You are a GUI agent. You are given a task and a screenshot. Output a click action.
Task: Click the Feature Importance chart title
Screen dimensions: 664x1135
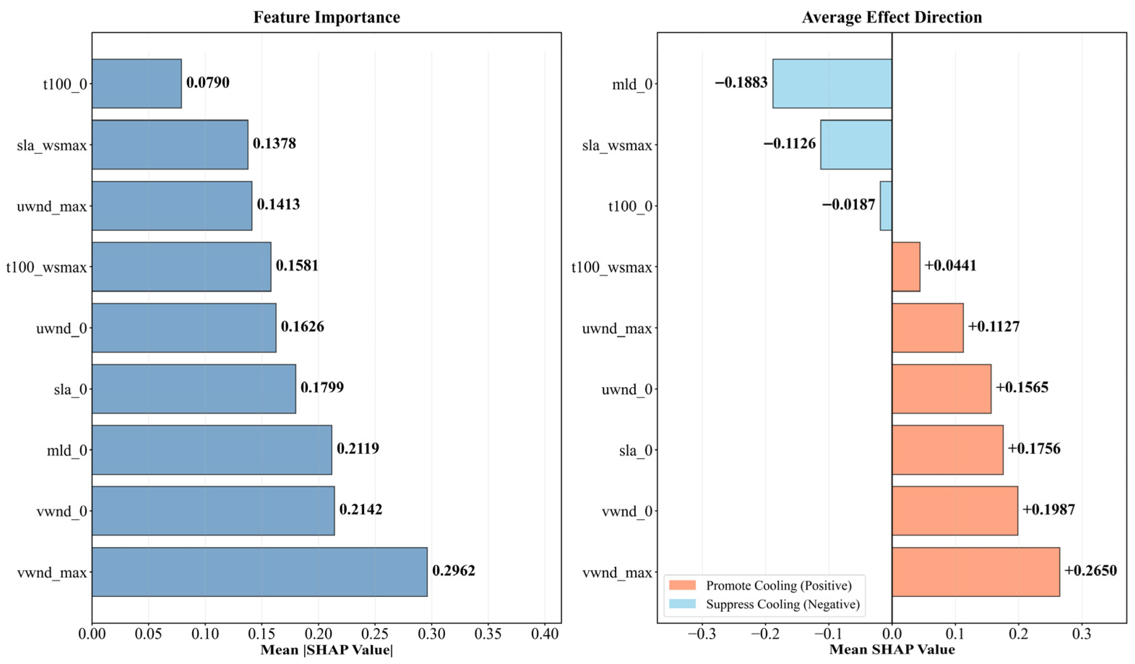(x=327, y=17)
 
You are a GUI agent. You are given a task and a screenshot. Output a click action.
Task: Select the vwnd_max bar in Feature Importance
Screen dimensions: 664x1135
(x=259, y=572)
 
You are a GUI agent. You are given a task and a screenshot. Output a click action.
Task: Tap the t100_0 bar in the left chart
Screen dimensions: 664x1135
(x=137, y=84)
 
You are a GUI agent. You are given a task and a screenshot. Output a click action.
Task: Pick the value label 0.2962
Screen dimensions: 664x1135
(x=454, y=570)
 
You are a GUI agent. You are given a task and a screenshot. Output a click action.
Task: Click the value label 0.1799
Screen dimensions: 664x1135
(x=322, y=387)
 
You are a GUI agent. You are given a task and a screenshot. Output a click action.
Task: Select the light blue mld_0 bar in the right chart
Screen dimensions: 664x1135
(x=832, y=84)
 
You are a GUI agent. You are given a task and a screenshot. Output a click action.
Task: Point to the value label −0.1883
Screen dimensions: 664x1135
(x=741, y=82)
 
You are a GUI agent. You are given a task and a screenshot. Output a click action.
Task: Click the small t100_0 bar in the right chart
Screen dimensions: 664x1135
(x=885, y=206)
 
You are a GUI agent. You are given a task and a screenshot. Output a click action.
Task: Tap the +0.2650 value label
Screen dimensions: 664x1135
(x=1091, y=570)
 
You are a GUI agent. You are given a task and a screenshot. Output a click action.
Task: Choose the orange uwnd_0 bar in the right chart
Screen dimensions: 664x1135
(x=941, y=389)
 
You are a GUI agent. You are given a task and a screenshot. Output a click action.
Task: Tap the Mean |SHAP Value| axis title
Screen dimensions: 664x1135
(x=327, y=650)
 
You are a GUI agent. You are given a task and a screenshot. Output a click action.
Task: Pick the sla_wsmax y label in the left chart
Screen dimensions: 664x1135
(x=52, y=146)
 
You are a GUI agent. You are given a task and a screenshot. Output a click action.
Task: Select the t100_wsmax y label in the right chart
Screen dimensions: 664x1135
(x=612, y=268)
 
